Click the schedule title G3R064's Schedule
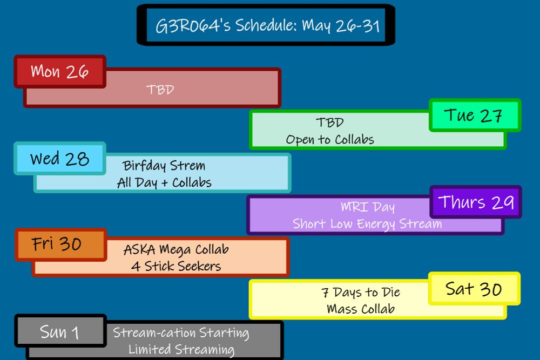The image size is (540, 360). (267, 26)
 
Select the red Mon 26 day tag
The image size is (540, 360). (59, 71)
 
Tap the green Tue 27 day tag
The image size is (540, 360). (474, 116)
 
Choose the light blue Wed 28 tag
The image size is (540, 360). (59, 159)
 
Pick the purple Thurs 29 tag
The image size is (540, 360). (475, 202)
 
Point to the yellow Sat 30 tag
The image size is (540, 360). (474, 289)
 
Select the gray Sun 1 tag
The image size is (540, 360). (59, 331)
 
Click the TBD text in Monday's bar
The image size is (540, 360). (160, 89)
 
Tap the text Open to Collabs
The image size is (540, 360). (330, 139)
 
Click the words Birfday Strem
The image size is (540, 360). (164, 165)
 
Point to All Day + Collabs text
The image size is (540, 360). (164, 182)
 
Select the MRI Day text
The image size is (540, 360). (367, 207)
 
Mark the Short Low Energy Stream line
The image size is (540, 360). (367, 223)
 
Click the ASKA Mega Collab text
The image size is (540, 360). (176, 249)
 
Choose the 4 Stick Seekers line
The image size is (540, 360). (176, 266)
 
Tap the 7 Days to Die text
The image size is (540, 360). (361, 293)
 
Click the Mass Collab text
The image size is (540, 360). (361, 309)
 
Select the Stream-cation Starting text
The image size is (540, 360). (181, 332)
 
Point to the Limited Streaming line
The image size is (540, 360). (181, 349)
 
